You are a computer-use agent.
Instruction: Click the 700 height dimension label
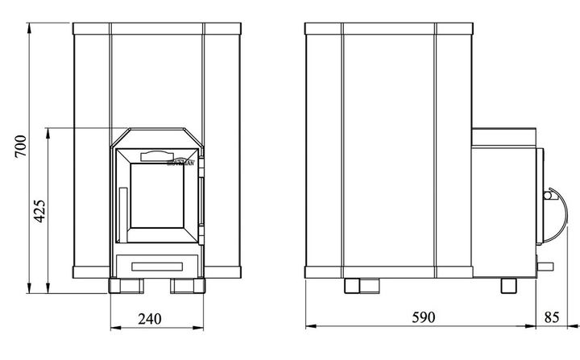22,148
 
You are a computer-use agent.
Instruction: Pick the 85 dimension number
553,318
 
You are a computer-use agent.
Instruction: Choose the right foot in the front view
187,286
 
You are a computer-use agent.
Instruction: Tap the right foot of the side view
509,285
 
